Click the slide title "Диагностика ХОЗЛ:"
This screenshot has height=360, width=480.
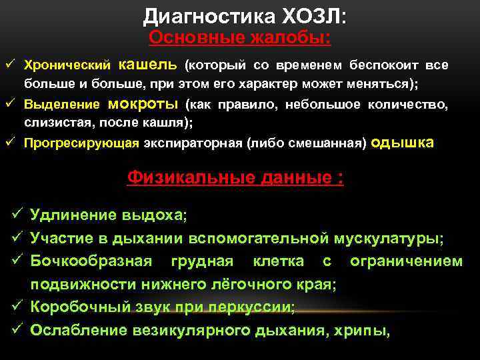click(244, 15)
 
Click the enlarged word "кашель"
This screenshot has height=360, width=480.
click(147, 65)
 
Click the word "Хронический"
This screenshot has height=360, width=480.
click(67, 66)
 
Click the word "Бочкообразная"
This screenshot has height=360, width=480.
click(91, 261)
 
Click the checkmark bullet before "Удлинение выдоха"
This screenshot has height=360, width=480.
click(18, 215)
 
